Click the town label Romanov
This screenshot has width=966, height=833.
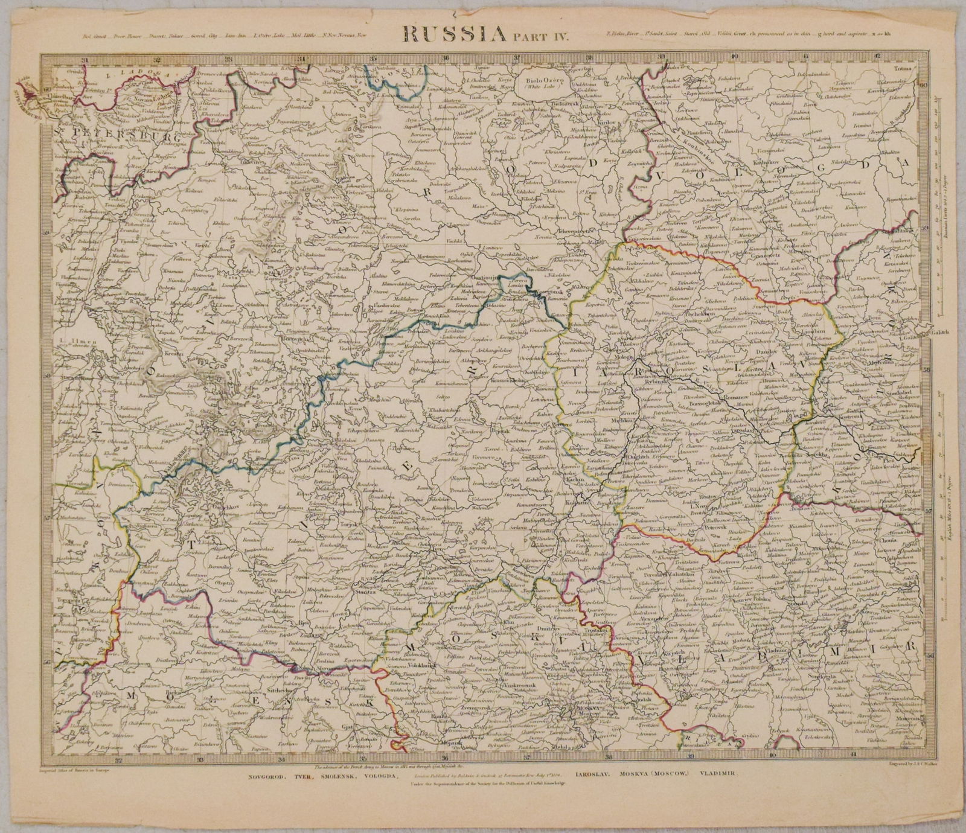pyautogui.click(x=718, y=398)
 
